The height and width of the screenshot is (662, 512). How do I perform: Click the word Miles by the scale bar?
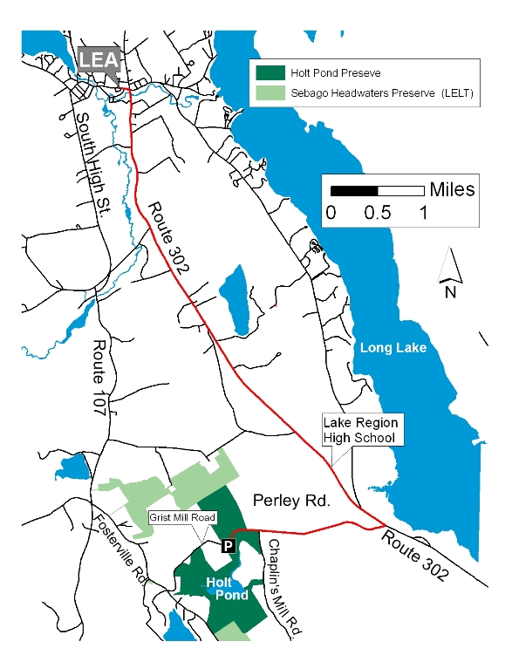click(x=452, y=189)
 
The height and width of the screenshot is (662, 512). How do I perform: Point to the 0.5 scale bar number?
click(x=378, y=212)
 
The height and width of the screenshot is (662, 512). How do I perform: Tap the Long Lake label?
click(x=393, y=348)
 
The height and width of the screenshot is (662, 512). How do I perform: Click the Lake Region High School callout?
click(x=359, y=429)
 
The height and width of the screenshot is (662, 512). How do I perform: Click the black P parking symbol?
click(x=228, y=546)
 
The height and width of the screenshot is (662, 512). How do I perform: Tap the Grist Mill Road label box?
click(x=181, y=517)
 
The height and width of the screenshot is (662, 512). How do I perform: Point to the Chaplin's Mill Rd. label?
click(x=283, y=590)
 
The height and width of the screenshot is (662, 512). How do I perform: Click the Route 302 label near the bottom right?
click(x=415, y=556)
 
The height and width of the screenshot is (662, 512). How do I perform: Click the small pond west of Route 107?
click(x=75, y=468)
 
